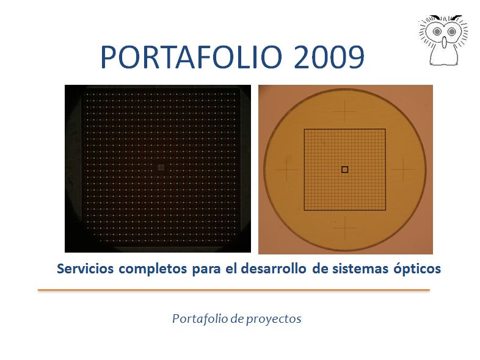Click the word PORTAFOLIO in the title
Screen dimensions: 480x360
pos(191,57)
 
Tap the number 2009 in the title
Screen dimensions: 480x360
pos(329,57)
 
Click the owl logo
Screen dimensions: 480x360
pos(443,40)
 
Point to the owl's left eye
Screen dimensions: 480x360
pos(437,32)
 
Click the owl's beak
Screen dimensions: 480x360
pos(445,42)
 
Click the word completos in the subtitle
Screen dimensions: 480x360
pos(153,270)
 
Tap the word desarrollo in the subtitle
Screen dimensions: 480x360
pos(274,269)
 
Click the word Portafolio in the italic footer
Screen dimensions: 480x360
pos(200,319)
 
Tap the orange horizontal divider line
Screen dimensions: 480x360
pos(234,290)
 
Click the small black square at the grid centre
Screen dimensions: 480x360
pos(344,170)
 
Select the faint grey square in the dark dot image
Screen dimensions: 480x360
pos(161,167)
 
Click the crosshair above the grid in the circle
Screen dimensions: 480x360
pos(345,111)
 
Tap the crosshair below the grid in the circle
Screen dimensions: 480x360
pos(345,228)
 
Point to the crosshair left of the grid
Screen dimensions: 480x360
pos(287,169)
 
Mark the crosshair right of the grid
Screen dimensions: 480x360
pos(404,169)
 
